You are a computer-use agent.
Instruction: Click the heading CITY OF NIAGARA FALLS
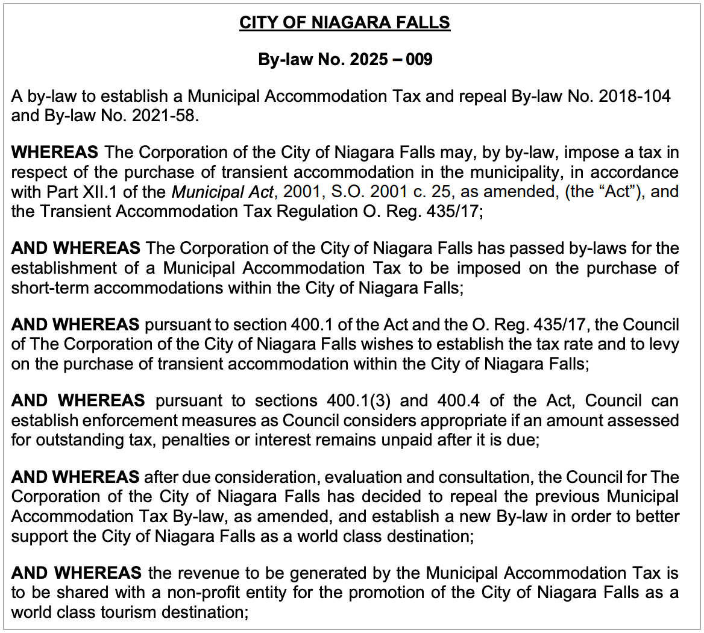tap(345, 23)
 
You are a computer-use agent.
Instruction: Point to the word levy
tap(664, 345)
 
